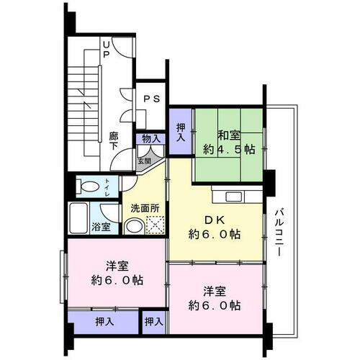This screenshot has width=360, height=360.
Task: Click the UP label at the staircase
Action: point(105,49)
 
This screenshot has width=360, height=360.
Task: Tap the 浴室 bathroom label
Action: point(100,227)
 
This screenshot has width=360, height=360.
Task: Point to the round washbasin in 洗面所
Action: point(134,227)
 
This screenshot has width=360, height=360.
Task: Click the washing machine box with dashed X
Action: point(155,226)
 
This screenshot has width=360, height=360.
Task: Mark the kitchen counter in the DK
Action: point(235,195)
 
